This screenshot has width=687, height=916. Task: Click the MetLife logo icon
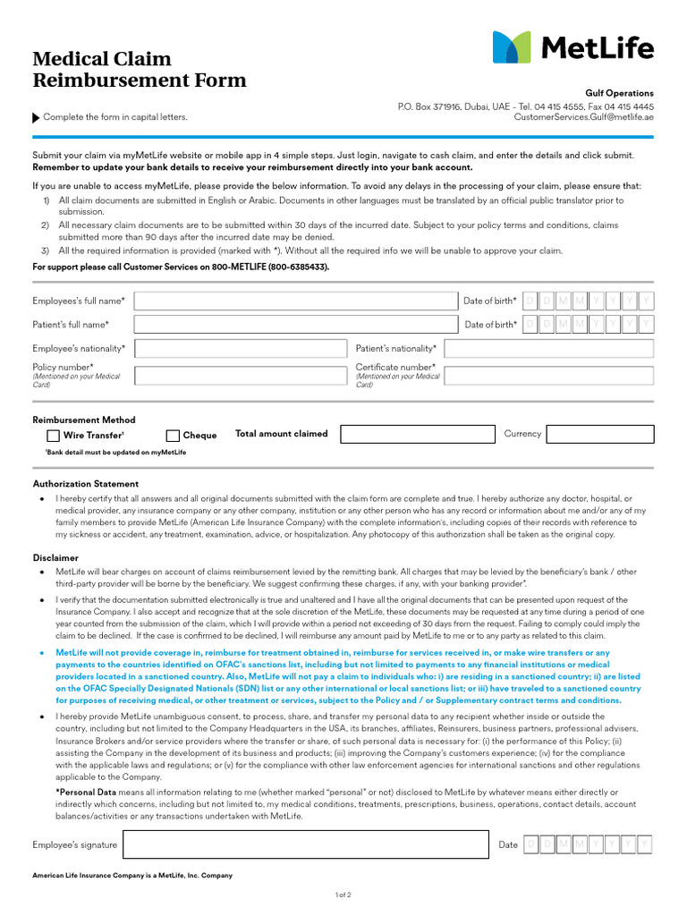coord(512,47)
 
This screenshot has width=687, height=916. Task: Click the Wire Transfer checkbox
coord(53,436)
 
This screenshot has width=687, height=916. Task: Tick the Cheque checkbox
coord(173,436)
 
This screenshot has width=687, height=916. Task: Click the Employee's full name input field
coord(296,301)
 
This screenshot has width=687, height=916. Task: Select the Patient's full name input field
coord(296,325)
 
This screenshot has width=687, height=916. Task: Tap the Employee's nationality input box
coord(241,348)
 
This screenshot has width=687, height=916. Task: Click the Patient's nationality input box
coord(548,348)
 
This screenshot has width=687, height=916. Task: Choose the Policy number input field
coord(241,375)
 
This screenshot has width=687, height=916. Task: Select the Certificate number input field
coord(548,375)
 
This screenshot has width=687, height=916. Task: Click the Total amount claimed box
coord(417,434)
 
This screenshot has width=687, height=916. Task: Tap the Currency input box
coord(599,434)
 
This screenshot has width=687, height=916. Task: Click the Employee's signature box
coord(306,844)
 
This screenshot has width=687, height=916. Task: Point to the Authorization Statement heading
coord(86,484)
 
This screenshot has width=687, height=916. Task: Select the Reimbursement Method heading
coord(84,420)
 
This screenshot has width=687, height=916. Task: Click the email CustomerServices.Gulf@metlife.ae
coord(583,117)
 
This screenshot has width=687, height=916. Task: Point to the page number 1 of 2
coord(343,895)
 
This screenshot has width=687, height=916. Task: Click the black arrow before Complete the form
coord(36,117)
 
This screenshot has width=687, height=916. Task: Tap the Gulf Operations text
coord(619,93)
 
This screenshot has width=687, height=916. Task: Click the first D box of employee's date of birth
coord(530,301)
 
